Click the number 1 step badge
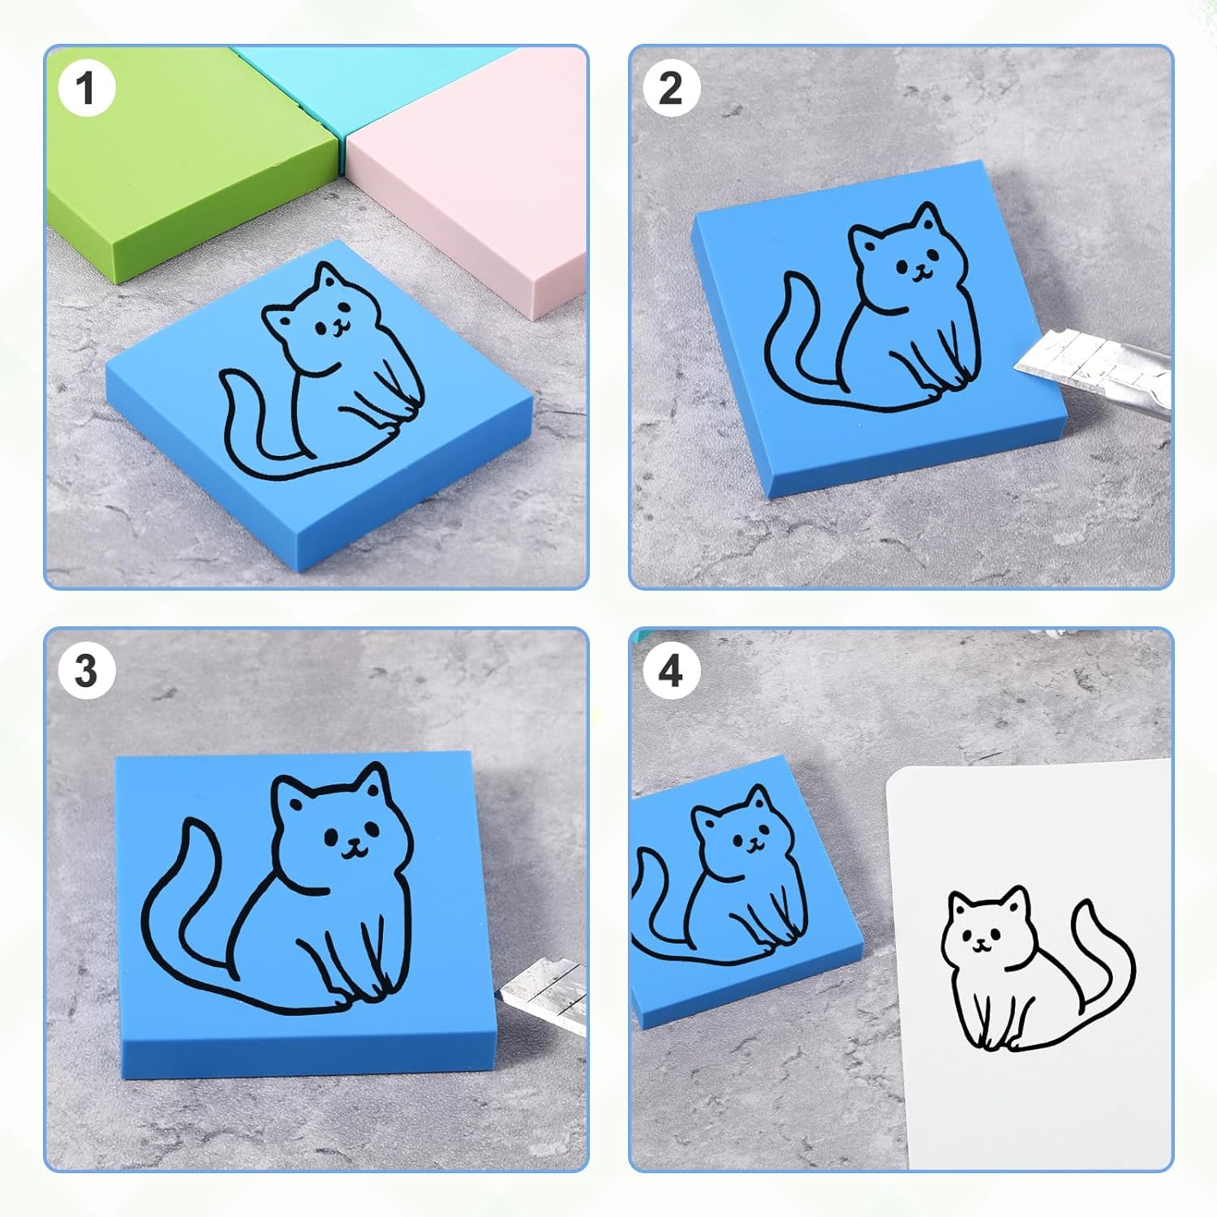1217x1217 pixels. click(86, 88)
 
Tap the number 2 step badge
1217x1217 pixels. click(671, 88)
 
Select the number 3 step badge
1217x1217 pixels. click(86, 671)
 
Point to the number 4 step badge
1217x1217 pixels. click(671, 671)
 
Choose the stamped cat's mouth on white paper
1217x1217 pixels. click(982, 945)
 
